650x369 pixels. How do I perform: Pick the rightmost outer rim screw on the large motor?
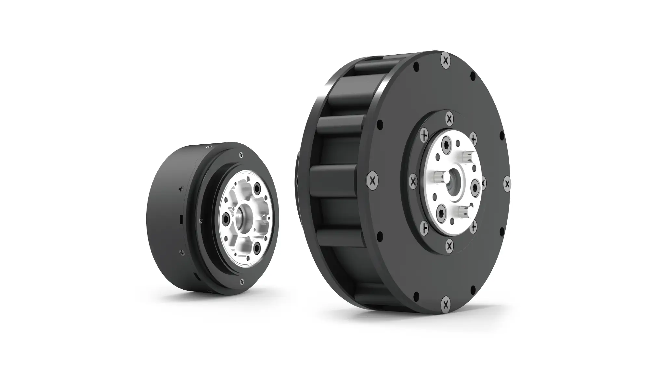point(507,184)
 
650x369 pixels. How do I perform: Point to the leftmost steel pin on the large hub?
point(439,177)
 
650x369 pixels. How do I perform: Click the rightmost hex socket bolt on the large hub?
point(475,187)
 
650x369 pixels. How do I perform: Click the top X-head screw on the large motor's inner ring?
point(449,118)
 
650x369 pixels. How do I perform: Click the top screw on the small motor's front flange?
point(240,155)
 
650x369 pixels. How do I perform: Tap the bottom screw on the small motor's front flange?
point(241,282)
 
